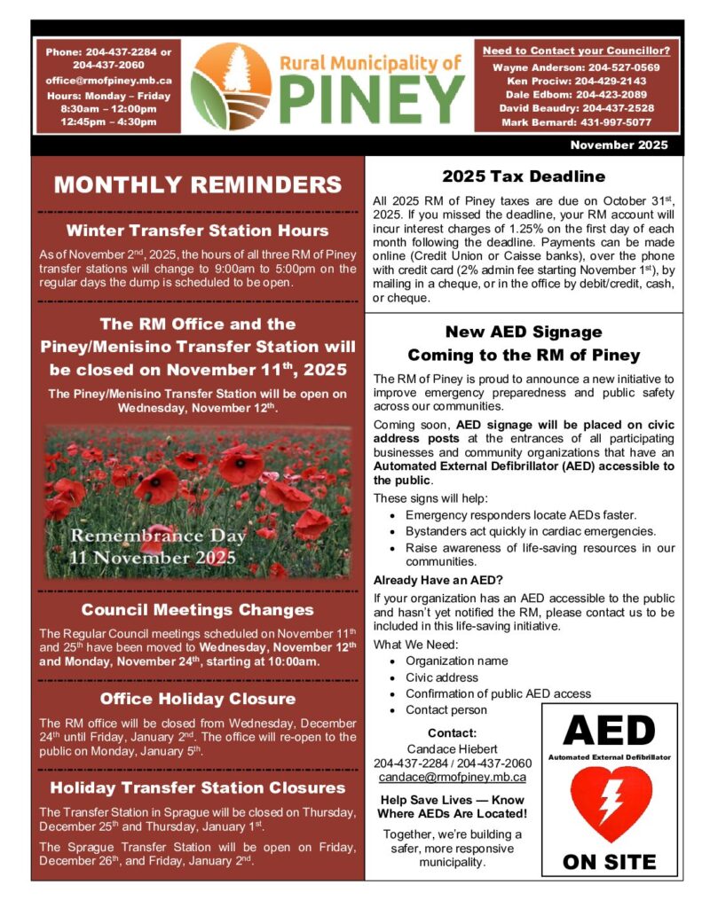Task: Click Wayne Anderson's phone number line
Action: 575,67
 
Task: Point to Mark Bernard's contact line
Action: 575,121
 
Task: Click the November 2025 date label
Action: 619,145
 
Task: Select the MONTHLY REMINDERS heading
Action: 197,184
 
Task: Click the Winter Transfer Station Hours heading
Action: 197,231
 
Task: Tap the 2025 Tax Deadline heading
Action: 524,176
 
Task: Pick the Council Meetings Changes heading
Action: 197,609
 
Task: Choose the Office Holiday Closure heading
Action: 197,699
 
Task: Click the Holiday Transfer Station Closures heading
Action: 197,787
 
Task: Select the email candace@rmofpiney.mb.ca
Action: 452,777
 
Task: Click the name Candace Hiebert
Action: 452,748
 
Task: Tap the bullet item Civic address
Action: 441,677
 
